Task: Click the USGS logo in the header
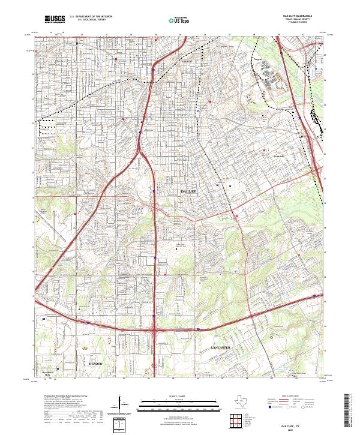[x=55, y=20]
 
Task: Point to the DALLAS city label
[x=189, y=190]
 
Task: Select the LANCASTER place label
[x=221, y=347]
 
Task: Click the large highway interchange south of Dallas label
[x=155, y=328]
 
